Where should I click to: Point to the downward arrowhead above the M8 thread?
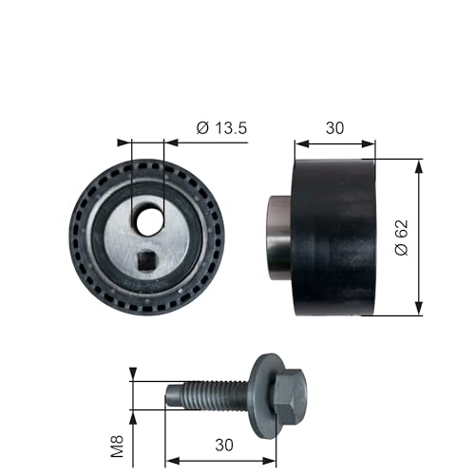[133, 373]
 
